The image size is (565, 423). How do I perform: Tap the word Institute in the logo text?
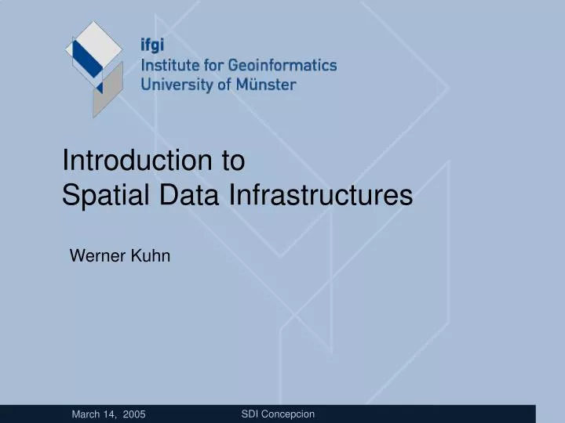point(166,66)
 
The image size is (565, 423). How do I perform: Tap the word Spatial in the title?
point(97,194)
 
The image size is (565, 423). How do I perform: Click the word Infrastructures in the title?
point(320,194)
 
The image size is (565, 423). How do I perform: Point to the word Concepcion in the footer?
point(287,414)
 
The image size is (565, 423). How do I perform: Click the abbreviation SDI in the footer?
point(250,414)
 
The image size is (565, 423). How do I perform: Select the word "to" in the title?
point(233,161)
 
